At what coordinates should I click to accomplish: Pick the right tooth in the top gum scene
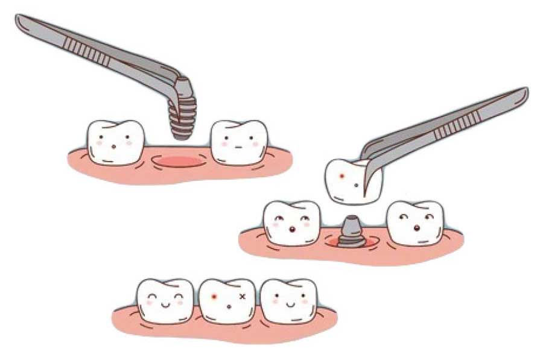pos(240,142)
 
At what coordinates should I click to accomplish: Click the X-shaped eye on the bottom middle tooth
pos(243,297)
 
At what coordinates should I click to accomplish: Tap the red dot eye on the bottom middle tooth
pos(214,297)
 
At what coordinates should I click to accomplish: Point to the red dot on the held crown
pos(342,176)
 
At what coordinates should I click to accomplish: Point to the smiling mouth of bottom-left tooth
pos(165,305)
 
